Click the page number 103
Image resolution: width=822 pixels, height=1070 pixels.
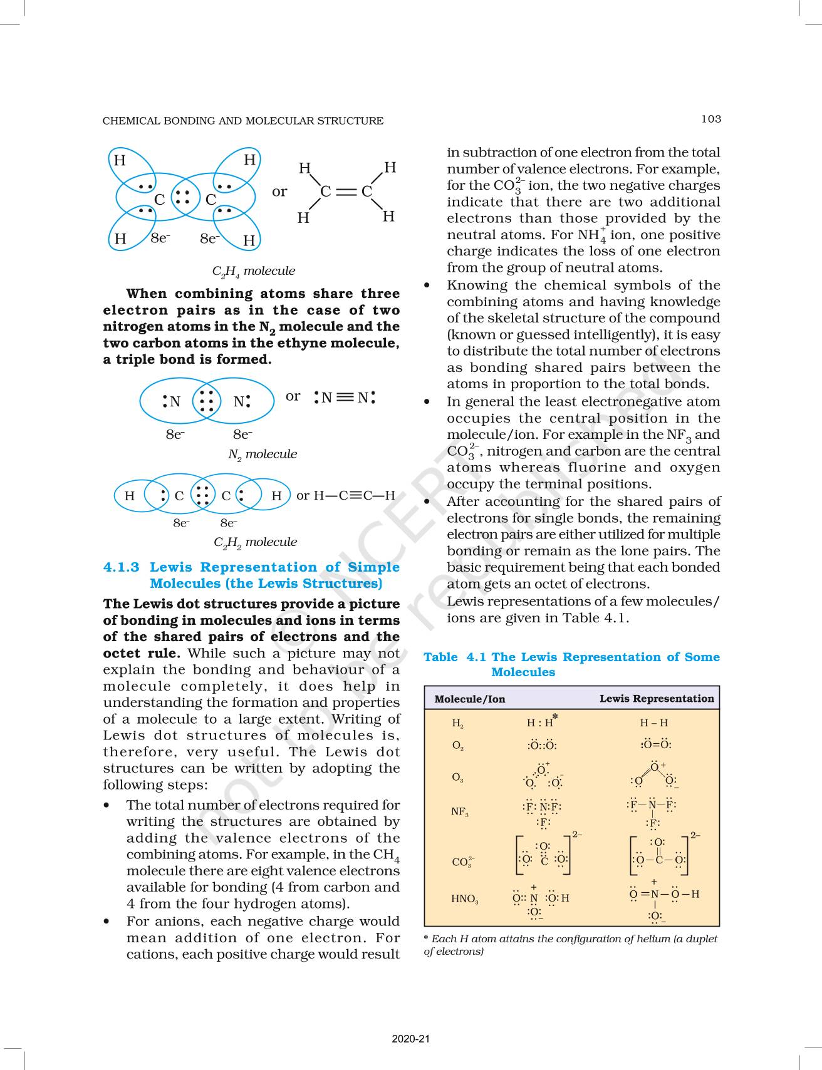711,119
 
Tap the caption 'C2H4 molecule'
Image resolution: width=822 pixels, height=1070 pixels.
253,271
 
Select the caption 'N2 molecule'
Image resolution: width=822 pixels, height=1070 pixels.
262,455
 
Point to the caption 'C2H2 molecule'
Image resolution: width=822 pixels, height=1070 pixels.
255,542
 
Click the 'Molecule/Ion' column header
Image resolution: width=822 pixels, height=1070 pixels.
469,699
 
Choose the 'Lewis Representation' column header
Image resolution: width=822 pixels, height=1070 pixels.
657,698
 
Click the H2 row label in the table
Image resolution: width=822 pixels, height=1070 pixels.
458,723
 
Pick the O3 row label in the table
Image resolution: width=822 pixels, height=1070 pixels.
458,778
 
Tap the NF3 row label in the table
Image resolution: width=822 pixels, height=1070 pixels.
459,811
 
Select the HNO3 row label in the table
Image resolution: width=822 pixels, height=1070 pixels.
464,899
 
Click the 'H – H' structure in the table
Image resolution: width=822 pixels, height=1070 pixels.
653,723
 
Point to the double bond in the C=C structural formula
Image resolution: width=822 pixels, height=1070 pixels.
346,192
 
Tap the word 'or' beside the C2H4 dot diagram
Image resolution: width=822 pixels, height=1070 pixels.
279,192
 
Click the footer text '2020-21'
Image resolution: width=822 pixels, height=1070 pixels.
411,1039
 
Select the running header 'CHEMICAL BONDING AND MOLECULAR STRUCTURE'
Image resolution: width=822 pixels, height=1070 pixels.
243,120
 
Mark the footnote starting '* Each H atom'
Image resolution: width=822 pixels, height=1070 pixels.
570,945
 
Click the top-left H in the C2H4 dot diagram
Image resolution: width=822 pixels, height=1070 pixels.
120,160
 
